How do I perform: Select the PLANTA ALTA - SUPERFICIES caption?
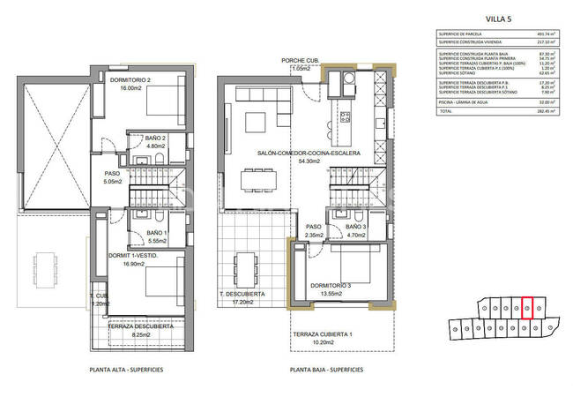[x=130, y=370]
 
